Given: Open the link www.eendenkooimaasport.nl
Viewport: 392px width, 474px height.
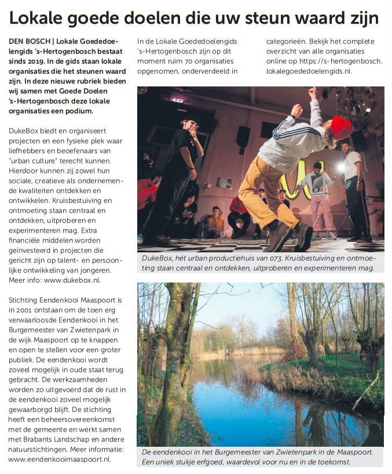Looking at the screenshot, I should (60, 459).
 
